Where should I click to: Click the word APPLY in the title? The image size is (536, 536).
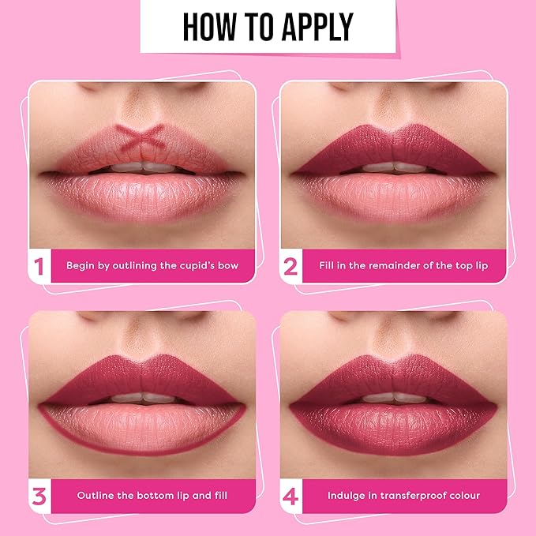[x=318, y=27]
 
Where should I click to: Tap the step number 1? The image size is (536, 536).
[x=39, y=266]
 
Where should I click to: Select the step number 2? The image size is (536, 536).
[x=290, y=266]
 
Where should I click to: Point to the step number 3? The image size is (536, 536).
[x=39, y=497]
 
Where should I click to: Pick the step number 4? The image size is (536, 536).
[x=290, y=497]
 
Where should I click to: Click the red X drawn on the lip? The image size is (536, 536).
[x=141, y=137]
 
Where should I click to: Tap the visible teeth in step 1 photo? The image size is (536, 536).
[x=143, y=167]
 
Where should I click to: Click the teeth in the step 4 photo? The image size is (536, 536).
[x=395, y=398]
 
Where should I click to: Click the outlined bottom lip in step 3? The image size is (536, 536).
[x=142, y=428]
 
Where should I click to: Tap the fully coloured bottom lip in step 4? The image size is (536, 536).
[x=393, y=428]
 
